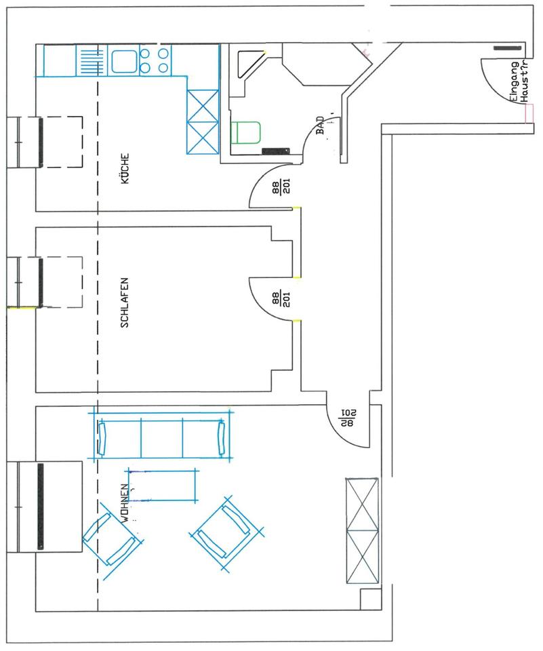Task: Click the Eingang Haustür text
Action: (x=518, y=81)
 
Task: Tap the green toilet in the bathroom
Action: (x=246, y=132)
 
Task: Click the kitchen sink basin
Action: (x=123, y=62)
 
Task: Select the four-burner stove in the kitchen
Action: (x=154, y=61)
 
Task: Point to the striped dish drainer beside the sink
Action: (x=88, y=62)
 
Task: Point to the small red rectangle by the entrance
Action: (x=529, y=113)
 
